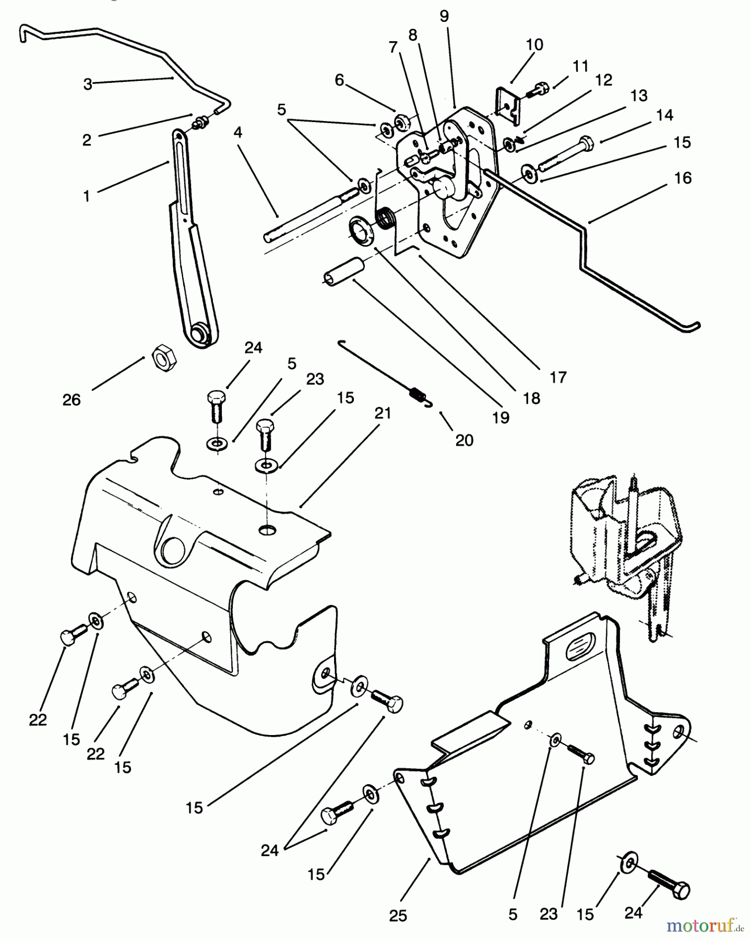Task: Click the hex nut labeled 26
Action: click(164, 359)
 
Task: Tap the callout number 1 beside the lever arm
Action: click(87, 196)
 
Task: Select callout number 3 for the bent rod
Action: click(88, 84)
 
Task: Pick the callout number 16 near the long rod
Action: click(683, 178)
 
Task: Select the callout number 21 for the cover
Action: click(383, 414)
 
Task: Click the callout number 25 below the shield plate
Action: click(398, 916)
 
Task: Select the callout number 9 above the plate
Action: click(444, 17)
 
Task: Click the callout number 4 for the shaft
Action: click(238, 133)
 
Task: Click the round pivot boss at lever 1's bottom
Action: click(199, 332)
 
